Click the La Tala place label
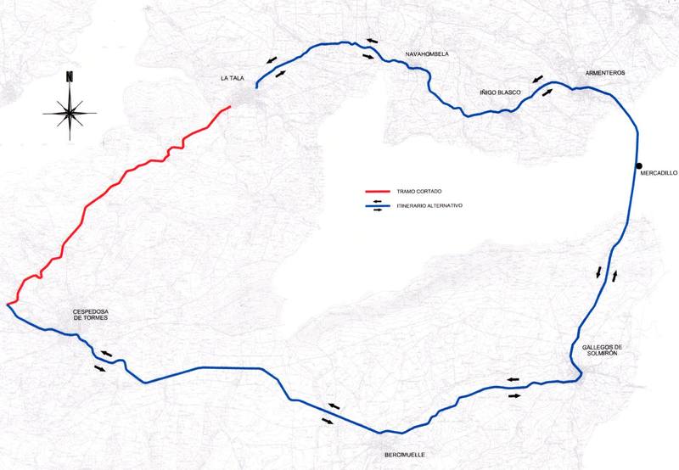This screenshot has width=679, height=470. coord(232,79)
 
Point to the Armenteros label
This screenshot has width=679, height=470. coord(605,73)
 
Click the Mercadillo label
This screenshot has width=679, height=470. coord(659,172)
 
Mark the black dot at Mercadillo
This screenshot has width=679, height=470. coord(638,165)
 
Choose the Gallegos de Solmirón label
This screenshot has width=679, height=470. coord(603,350)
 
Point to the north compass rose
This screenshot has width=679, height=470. coord(70,109)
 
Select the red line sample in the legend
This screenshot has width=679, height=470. coord(374,191)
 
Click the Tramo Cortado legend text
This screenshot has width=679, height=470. coord(415,191)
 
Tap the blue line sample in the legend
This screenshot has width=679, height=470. coord(374,206)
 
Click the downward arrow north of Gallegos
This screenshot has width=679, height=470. coord(598,272)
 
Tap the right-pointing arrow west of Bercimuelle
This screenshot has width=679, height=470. coord(328,420)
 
